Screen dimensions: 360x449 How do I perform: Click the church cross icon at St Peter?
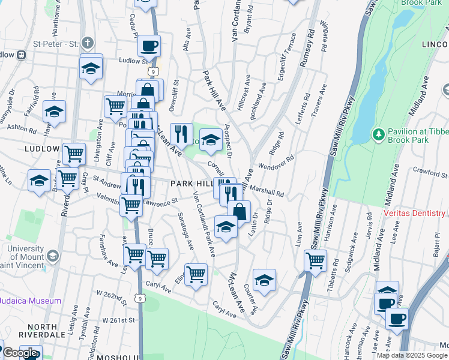tap(88, 43)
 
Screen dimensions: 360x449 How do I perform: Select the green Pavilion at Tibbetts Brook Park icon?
tap(378, 133)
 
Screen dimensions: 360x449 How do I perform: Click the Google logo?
tap(20, 353)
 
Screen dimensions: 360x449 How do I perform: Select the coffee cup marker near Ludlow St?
tap(149, 46)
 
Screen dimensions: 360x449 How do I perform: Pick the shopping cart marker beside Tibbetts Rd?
tap(316, 260)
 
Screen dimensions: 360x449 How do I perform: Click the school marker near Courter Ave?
tap(264, 280)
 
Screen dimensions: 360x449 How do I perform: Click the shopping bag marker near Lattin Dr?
tap(239, 211)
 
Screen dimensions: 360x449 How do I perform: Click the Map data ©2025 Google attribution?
tap(412, 355)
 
